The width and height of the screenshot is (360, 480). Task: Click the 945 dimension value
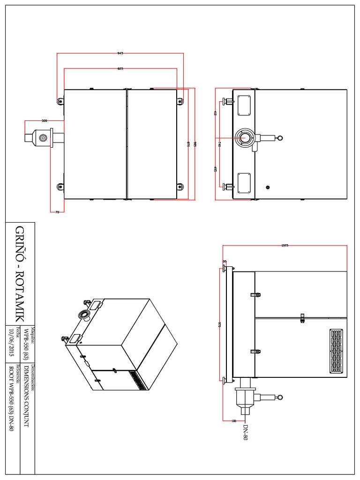(x=120, y=53)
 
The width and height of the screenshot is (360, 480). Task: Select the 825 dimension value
(x=120, y=69)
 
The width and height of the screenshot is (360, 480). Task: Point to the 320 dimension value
(x=45, y=121)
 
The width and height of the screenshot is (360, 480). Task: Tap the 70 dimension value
(x=57, y=212)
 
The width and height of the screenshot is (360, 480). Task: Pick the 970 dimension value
(x=219, y=324)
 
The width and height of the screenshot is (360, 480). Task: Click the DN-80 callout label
(x=245, y=432)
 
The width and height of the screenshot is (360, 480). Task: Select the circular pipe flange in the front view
(x=245, y=138)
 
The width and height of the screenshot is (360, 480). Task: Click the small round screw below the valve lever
(x=268, y=187)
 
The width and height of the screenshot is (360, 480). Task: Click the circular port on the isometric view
(x=85, y=314)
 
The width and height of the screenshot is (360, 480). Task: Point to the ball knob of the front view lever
(x=280, y=138)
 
